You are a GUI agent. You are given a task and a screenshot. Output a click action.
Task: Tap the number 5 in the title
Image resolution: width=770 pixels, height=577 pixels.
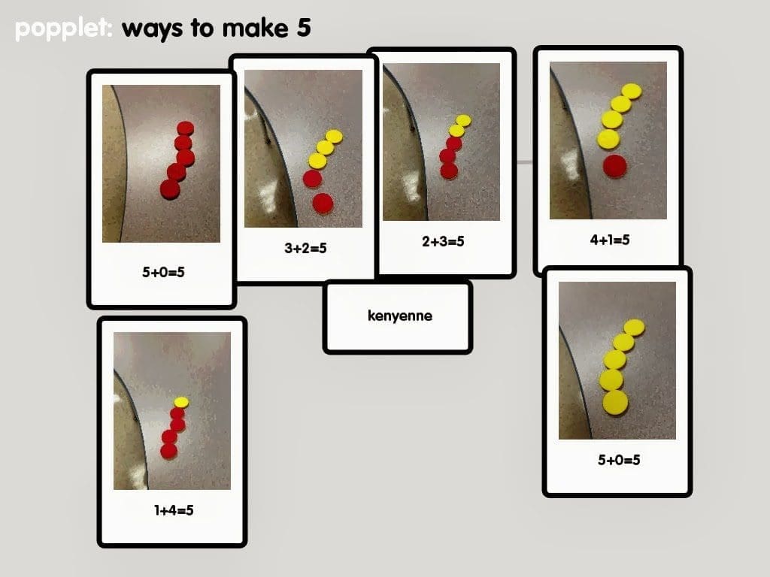click(304, 27)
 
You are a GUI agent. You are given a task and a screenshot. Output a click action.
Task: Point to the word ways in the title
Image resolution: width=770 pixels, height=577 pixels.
click(152, 29)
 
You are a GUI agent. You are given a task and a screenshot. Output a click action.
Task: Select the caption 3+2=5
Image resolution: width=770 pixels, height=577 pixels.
click(305, 248)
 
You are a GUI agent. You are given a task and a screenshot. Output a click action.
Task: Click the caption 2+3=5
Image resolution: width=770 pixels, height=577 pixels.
click(443, 241)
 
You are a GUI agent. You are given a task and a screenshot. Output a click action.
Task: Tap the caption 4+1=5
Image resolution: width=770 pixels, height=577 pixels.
click(609, 240)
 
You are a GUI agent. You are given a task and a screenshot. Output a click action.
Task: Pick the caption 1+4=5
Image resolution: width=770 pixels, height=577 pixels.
click(174, 510)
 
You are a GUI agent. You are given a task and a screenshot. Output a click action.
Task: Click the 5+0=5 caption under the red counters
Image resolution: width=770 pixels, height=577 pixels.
click(163, 272)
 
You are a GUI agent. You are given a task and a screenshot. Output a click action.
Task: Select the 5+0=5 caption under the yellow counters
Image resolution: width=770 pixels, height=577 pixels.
click(619, 460)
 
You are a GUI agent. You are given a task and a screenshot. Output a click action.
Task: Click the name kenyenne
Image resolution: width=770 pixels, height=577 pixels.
click(400, 316)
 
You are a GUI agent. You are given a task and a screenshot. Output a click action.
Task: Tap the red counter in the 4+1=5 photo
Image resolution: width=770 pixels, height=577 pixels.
click(615, 166)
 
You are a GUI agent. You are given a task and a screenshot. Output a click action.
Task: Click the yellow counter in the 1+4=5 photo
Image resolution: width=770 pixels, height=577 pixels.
click(181, 403)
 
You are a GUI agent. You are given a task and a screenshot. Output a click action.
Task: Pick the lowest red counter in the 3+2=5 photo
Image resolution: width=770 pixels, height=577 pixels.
click(323, 203)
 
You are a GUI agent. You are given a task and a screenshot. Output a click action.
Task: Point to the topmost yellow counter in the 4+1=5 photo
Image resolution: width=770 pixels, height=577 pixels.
click(632, 91)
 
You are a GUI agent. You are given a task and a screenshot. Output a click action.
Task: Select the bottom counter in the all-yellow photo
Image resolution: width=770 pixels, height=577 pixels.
click(615, 403)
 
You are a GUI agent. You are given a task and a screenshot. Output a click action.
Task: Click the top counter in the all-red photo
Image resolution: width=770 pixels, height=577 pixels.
click(185, 128)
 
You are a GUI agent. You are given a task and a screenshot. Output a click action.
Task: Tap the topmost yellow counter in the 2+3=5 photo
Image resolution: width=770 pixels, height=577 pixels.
click(463, 120)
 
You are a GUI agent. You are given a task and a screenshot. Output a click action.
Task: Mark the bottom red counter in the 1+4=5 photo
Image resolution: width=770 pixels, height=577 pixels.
click(169, 451)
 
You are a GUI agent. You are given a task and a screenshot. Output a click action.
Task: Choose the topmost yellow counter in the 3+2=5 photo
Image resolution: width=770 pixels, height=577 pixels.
click(334, 137)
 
